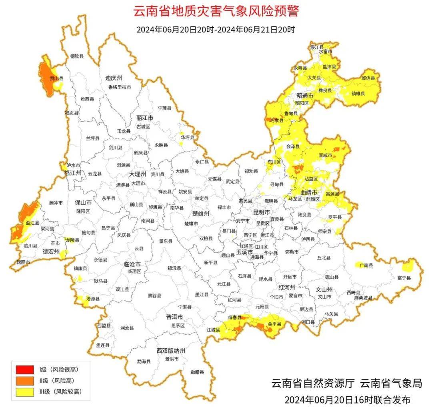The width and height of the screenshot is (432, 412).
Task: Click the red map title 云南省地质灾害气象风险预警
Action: pyautogui.click(x=216, y=11)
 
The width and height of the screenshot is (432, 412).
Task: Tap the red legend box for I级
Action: pyautogui.click(x=25, y=369)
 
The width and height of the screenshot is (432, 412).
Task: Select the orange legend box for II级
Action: pyautogui.click(x=25, y=380)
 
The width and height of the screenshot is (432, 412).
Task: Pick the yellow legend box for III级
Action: pyautogui.click(x=25, y=392)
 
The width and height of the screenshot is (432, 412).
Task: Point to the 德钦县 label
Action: pyautogui.click(x=77, y=56)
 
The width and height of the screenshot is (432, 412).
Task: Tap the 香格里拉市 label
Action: pyautogui.click(x=119, y=87)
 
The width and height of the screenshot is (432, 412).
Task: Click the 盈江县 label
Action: pyautogui.click(x=32, y=223)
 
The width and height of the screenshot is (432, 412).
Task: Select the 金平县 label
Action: pyautogui.click(x=275, y=324)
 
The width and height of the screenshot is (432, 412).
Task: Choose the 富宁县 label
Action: pyautogui.click(x=404, y=277)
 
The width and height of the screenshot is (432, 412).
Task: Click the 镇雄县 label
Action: pyautogui.click(x=358, y=93)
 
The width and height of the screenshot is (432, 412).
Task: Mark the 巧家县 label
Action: pyautogui.click(x=277, y=120)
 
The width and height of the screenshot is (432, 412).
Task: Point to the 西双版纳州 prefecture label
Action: pyautogui.click(x=171, y=351)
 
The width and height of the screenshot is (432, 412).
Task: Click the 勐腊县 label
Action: pyautogui.click(x=197, y=372)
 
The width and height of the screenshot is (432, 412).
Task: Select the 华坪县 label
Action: pyautogui.click(x=187, y=137)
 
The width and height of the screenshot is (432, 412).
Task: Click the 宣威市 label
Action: pyautogui.click(x=325, y=155)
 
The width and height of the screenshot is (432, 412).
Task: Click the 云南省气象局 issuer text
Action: pyautogui.click(x=391, y=383)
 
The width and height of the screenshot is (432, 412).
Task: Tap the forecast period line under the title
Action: pyautogui.click(x=216, y=30)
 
